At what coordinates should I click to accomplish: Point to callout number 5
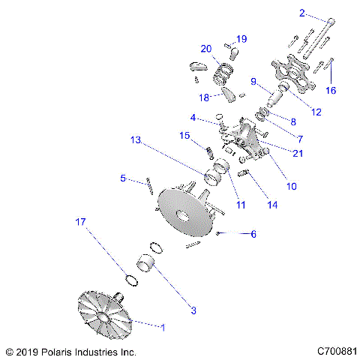click(122, 178)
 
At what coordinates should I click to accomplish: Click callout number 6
click(253, 234)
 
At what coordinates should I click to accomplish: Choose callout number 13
click(135, 139)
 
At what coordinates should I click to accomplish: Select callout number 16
click(331, 90)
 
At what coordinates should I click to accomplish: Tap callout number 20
click(206, 49)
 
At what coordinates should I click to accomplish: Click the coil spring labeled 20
click(222, 73)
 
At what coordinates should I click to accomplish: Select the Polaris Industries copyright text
click(70, 351)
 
